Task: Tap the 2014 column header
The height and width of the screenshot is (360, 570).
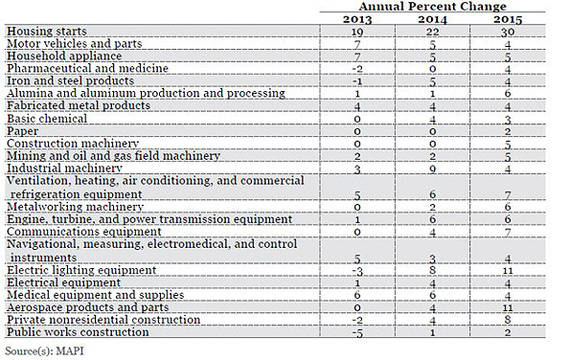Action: [x=431, y=18]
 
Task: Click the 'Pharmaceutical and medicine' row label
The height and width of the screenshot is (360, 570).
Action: [x=87, y=69]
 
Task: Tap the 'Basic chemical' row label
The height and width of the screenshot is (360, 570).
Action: [x=45, y=118]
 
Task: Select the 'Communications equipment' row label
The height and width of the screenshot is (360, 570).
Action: [x=78, y=231]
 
